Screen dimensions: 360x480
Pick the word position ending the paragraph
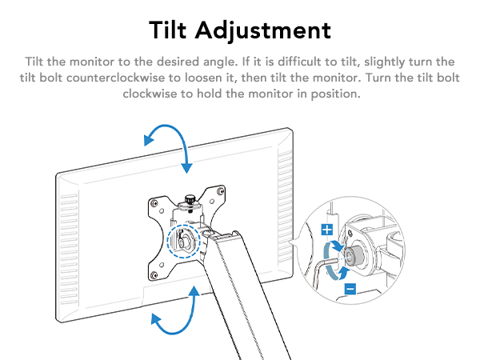pos(336,93)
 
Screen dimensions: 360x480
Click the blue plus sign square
pos(326,230)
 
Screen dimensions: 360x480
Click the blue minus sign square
pos(350,288)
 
